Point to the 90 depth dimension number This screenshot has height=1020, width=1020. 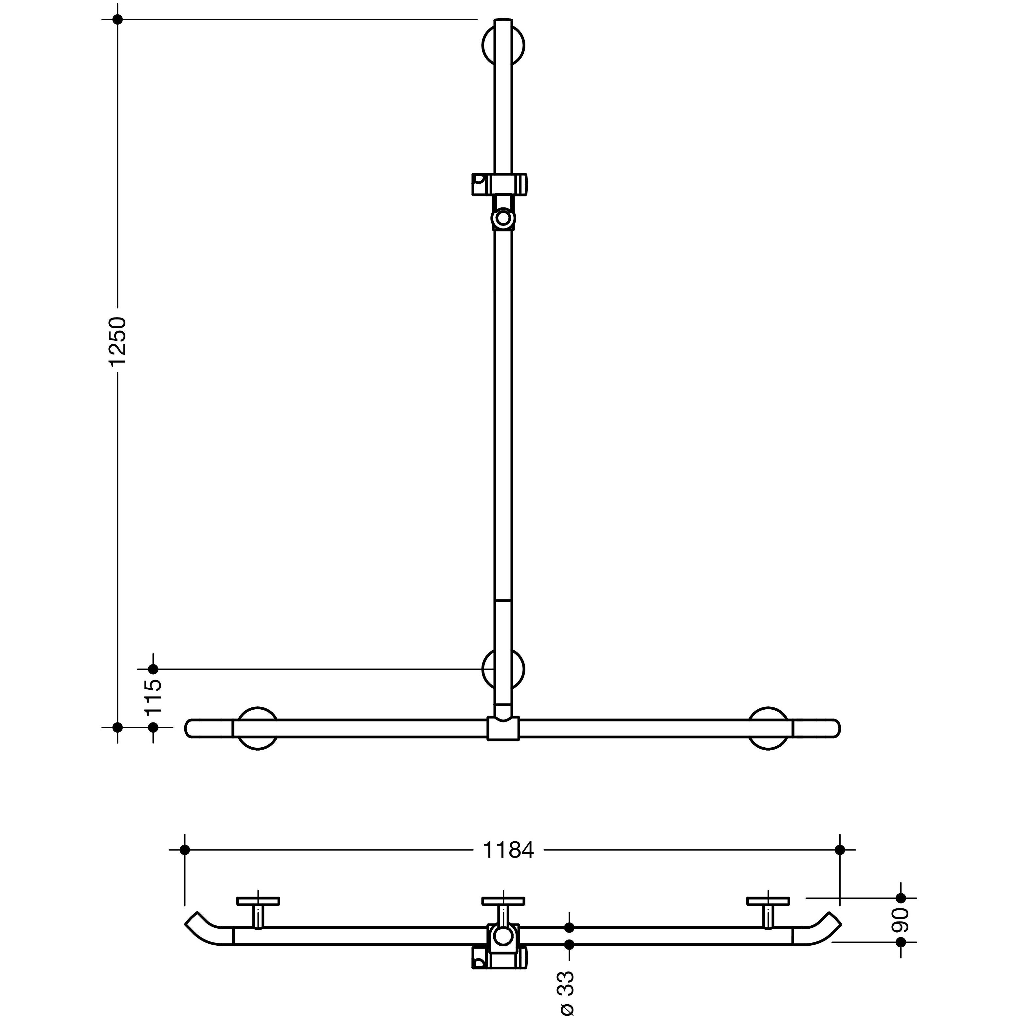pyautogui.click(x=901, y=920)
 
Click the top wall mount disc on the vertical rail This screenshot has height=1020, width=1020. pyautogui.click(x=503, y=45)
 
